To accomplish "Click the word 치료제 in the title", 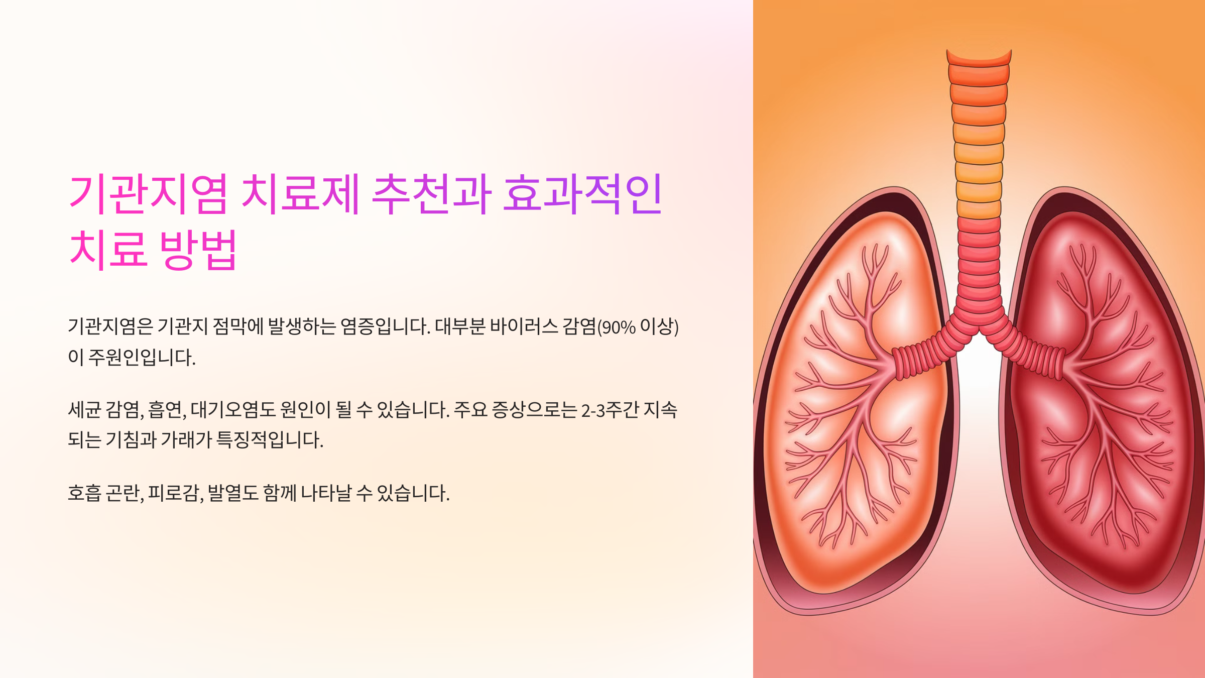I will tap(300, 194).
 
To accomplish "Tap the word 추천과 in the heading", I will tap(431, 194).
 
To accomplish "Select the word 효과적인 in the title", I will tap(582, 194).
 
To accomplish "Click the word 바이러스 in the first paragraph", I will tap(524, 326).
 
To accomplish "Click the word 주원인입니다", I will tap(142, 358).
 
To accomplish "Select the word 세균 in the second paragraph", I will tap(84, 410).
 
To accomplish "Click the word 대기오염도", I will tap(233, 410).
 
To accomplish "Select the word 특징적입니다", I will tap(270, 440).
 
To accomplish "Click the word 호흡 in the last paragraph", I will tap(84, 493).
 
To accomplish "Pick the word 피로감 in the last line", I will tap(174, 493).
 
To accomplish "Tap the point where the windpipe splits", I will tap(979, 329).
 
